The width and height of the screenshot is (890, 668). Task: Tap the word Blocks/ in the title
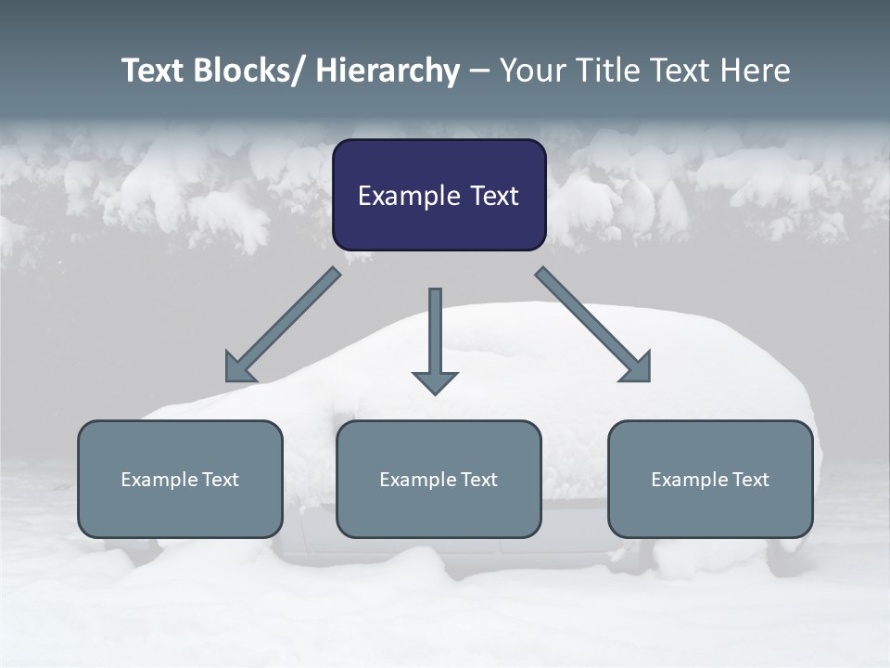click(x=245, y=71)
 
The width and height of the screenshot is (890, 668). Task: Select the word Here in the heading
click(x=756, y=71)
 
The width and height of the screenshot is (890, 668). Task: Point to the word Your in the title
click(x=532, y=71)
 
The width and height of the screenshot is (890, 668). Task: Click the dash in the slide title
click(x=479, y=72)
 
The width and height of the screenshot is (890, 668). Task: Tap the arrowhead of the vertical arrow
click(x=435, y=381)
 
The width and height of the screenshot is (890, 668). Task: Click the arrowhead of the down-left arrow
click(x=240, y=368)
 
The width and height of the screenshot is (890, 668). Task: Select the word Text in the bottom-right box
click(x=750, y=480)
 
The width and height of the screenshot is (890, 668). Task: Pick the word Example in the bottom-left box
click(x=159, y=480)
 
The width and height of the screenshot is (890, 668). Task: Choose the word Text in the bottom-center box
click(x=478, y=480)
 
